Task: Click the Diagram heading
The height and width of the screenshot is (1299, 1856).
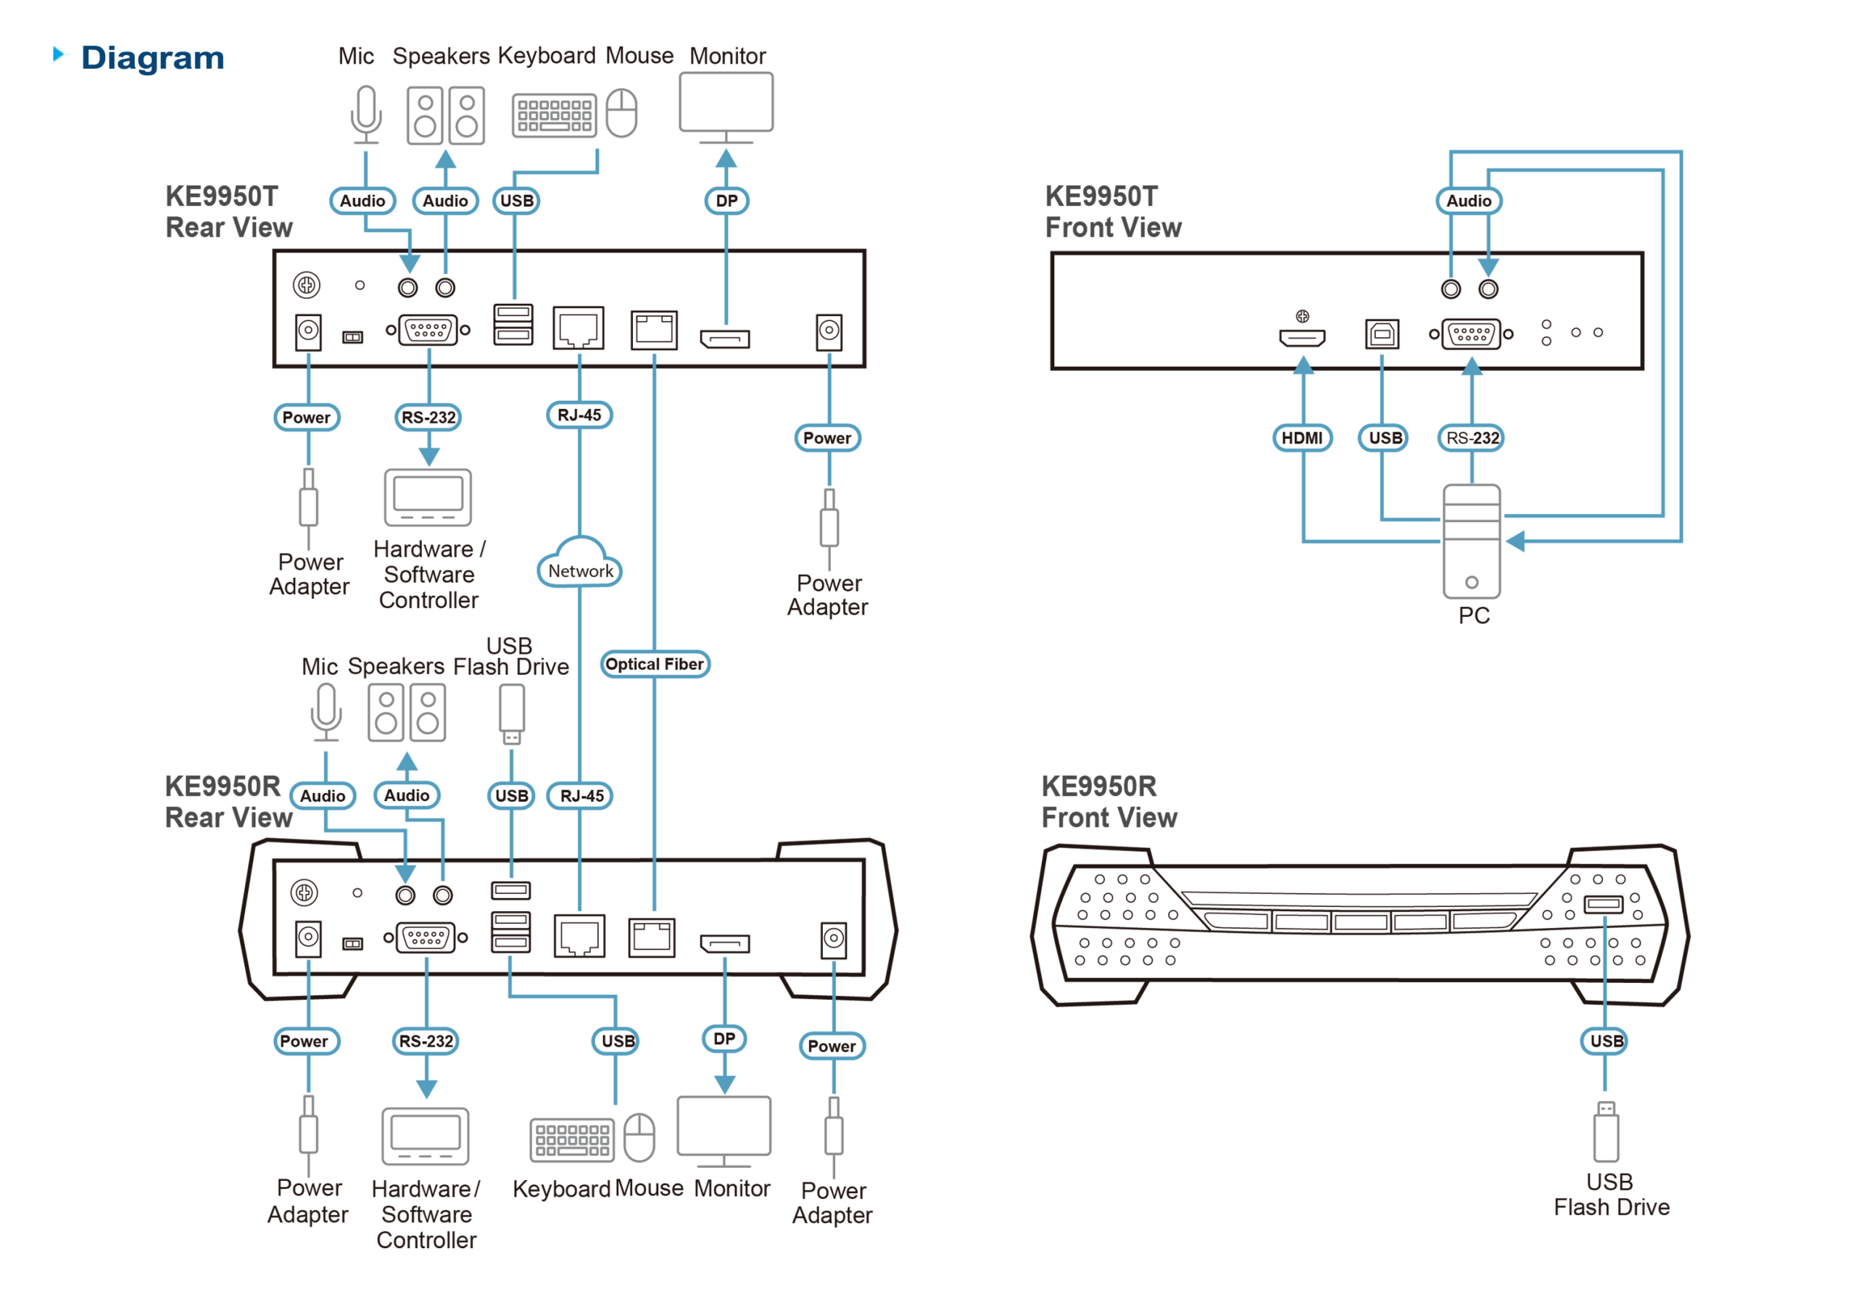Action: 152,58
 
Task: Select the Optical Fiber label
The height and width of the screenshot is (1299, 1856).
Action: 654,665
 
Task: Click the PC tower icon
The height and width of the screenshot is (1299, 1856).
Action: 1471,541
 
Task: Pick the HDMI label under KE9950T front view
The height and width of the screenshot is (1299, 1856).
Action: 1301,438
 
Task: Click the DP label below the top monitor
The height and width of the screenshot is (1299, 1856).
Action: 726,201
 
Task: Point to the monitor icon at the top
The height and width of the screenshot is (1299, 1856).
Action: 726,105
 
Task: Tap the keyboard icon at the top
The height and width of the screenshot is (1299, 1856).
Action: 554,115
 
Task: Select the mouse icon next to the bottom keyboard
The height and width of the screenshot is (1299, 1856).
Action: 639,1137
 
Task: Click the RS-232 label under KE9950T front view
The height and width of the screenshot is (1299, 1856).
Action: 1471,438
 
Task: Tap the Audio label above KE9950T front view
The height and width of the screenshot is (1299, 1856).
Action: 1468,201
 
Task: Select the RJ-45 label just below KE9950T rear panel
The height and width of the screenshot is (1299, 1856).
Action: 579,415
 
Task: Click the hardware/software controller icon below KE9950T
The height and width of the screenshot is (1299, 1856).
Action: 428,497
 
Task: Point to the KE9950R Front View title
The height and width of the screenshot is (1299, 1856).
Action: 1109,801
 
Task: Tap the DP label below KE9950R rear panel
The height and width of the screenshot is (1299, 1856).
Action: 724,1039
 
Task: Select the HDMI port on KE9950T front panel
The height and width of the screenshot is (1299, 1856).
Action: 1301,336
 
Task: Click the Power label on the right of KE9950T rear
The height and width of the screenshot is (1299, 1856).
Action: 827,438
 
